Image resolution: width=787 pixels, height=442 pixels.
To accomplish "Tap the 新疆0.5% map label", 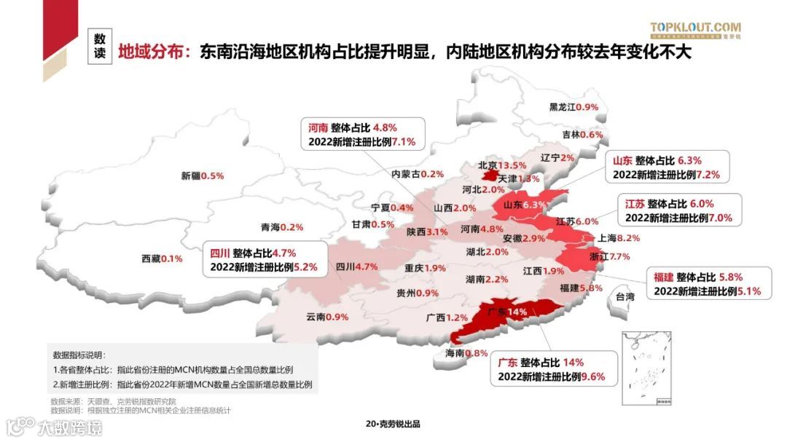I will [202, 175].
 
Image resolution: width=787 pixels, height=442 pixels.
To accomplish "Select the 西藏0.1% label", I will [162, 259].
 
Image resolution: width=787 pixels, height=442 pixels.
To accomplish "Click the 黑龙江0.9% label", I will [573, 107].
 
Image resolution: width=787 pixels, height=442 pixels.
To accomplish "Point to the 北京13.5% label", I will [502, 165].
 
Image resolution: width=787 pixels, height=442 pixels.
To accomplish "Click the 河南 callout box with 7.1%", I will [357, 133].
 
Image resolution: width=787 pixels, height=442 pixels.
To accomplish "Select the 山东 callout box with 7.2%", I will [666, 167].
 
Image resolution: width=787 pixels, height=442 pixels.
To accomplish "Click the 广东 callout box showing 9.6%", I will [552, 370].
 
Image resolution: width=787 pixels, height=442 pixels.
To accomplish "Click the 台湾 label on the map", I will [625, 296].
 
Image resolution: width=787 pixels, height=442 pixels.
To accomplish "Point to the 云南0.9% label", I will [327, 317].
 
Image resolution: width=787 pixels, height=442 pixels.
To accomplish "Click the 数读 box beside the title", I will [100, 45].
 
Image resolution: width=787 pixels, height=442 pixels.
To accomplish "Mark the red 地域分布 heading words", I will [150, 52].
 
